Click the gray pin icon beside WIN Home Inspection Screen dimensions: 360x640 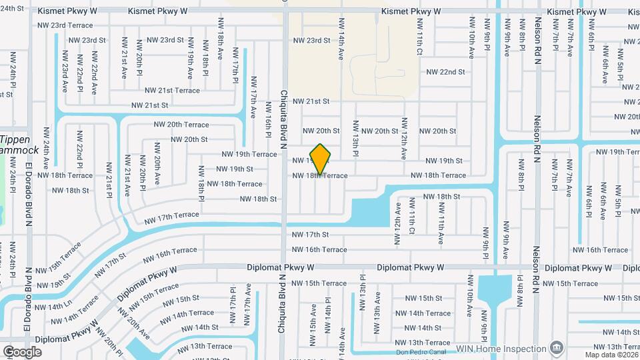click(556, 348)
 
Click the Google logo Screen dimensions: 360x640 click(22, 352)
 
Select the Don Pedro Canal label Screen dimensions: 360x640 click(421, 352)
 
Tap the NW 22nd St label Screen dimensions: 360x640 click(445, 72)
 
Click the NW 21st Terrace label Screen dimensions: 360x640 click(172, 91)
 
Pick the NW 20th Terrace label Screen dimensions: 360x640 click(181, 125)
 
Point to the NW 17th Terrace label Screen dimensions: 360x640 click(171, 215)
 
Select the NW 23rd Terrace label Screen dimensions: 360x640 click(65, 25)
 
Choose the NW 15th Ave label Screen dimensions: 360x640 click(313, 325)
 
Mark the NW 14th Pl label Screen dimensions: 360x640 click(328, 321)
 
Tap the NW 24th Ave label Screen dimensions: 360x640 click(46, 146)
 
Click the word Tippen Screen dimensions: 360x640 click(14, 140)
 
